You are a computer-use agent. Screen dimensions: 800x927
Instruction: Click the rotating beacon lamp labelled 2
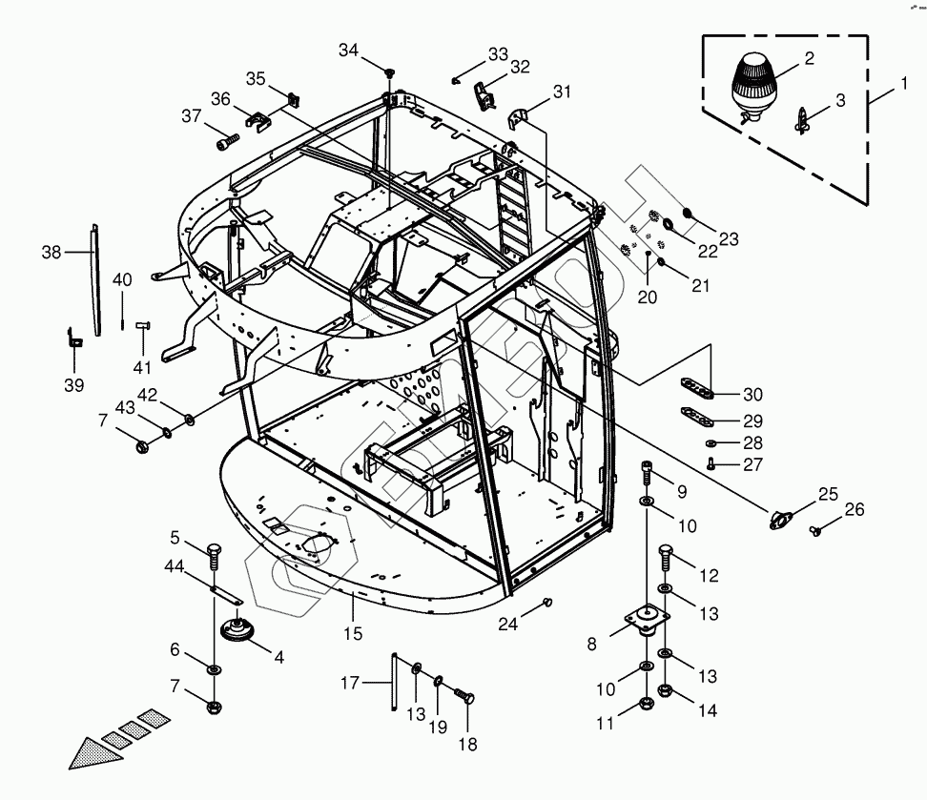[x=755, y=84]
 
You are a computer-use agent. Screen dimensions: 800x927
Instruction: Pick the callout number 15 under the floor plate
[x=354, y=633]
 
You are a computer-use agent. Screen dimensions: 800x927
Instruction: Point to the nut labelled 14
[x=666, y=691]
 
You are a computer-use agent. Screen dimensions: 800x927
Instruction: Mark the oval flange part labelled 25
[x=783, y=517]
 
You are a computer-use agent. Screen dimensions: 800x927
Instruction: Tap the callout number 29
[x=752, y=421]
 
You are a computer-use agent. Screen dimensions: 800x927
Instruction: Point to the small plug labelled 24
[x=548, y=601]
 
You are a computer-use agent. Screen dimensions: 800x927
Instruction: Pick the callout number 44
[x=173, y=567]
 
